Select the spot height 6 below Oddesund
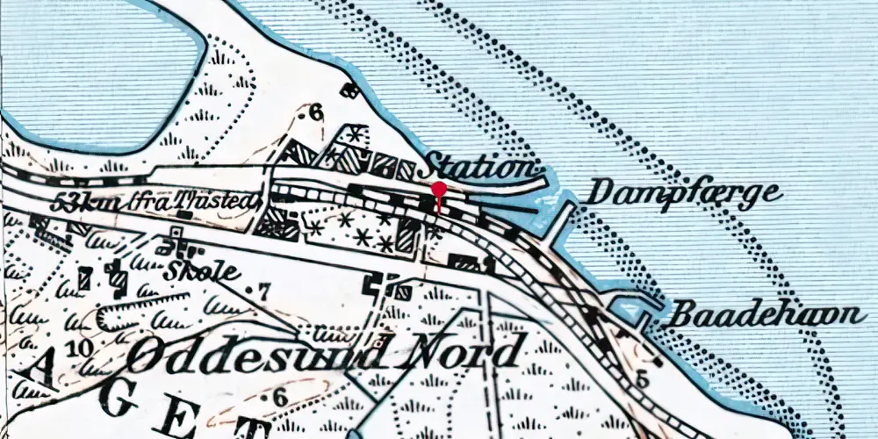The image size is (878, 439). tap(278, 398)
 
